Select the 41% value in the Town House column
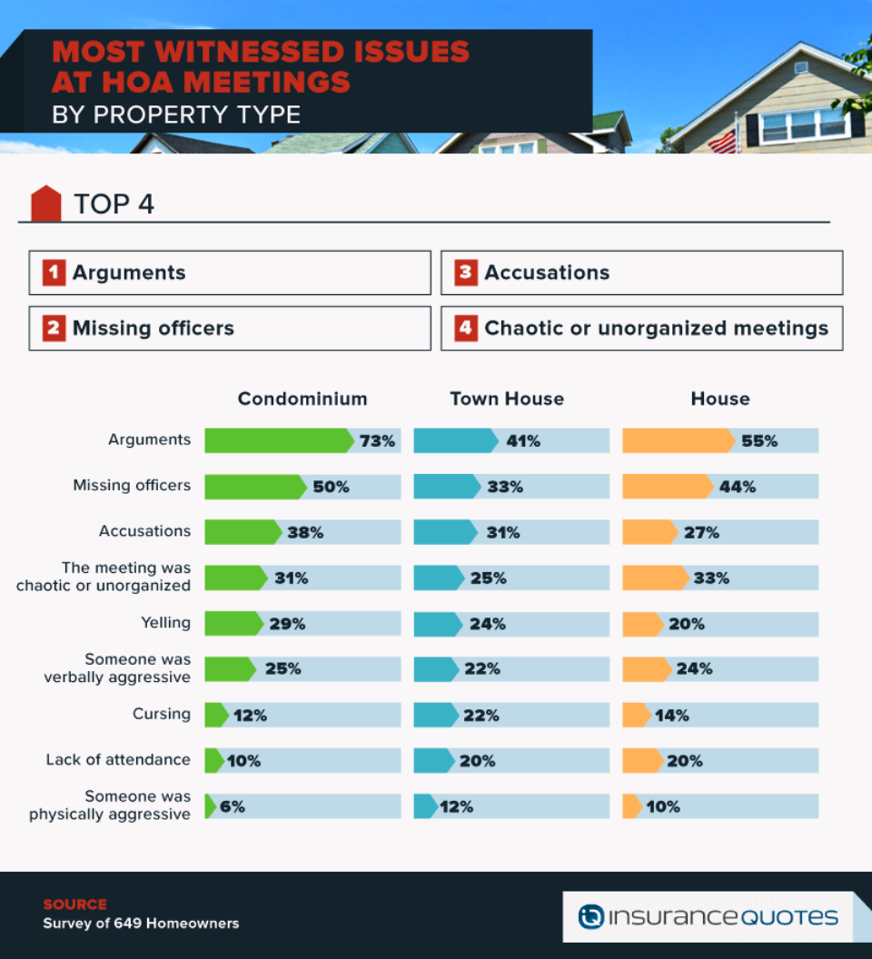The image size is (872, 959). click(523, 441)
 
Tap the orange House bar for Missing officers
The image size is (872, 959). click(666, 487)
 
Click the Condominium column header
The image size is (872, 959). click(302, 399)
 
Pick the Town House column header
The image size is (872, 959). click(507, 399)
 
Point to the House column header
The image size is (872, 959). click(720, 399)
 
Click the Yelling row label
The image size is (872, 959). click(165, 623)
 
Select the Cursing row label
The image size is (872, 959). click(162, 714)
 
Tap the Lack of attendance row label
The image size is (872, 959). click(118, 759)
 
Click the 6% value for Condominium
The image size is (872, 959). click(233, 806)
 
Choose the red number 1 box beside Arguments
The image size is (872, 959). click(54, 272)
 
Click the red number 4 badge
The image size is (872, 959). click(466, 328)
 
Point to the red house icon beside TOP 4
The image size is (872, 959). click(46, 203)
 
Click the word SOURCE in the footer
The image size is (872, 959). click(74, 905)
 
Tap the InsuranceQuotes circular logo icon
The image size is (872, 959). click(591, 917)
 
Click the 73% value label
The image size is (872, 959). click(377, 441)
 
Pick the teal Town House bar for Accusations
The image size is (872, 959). click(443, 532)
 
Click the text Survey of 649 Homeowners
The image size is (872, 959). click(141, 924)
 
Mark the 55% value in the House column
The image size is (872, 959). click(759, 441)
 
